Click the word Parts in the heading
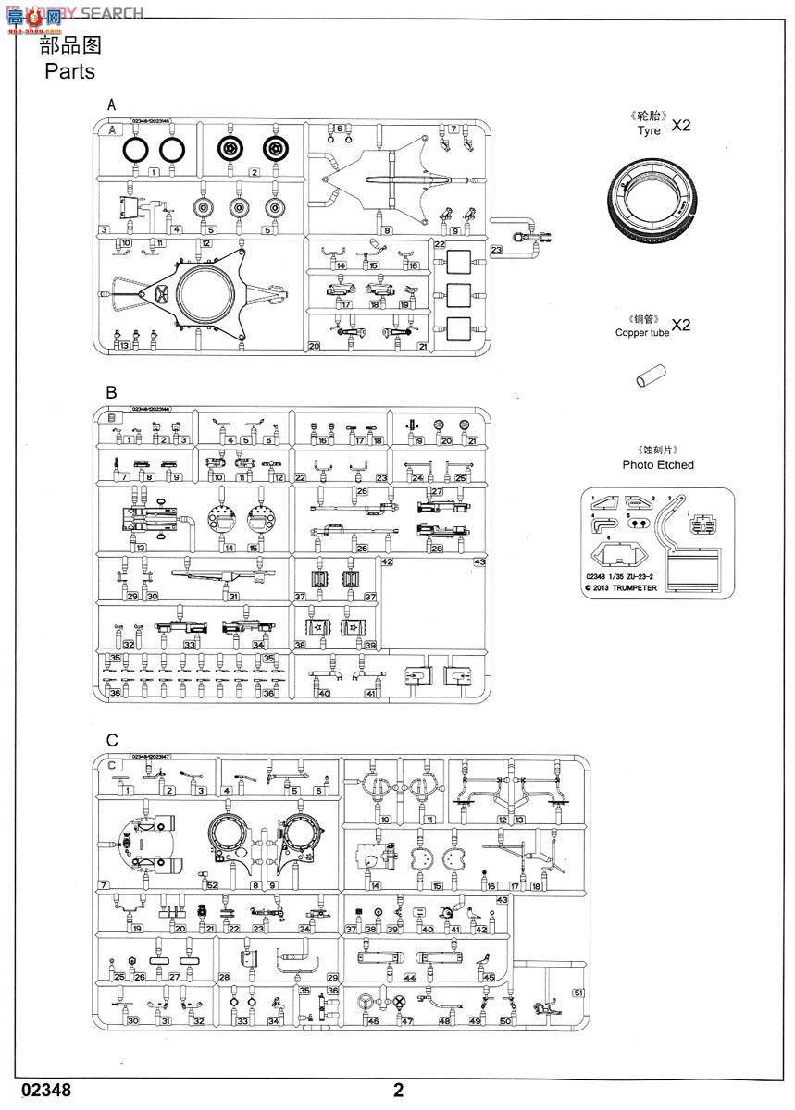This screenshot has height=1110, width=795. (x=69, y=71)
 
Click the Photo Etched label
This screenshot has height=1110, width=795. (x=658, y=464)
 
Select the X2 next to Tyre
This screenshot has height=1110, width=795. (x=680, y=126)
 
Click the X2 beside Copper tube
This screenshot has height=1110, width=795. (x=680, y=325)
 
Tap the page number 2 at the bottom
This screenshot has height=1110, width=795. (x=398, y=1090)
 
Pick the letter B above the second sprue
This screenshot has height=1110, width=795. (x=111, y=392)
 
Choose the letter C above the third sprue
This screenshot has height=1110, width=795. (x=112, y=740)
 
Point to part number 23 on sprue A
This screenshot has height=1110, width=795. (x=497, y=249)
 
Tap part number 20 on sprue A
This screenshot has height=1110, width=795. (x=315, y=346)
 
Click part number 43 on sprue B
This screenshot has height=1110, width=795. (x=479, y=561)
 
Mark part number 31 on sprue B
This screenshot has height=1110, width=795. (x=234, y=596)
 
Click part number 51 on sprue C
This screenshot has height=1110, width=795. (x=578, y=993)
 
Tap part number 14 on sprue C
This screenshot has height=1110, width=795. (x=377, y=885)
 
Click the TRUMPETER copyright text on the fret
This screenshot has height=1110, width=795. (x=635, y=586)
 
